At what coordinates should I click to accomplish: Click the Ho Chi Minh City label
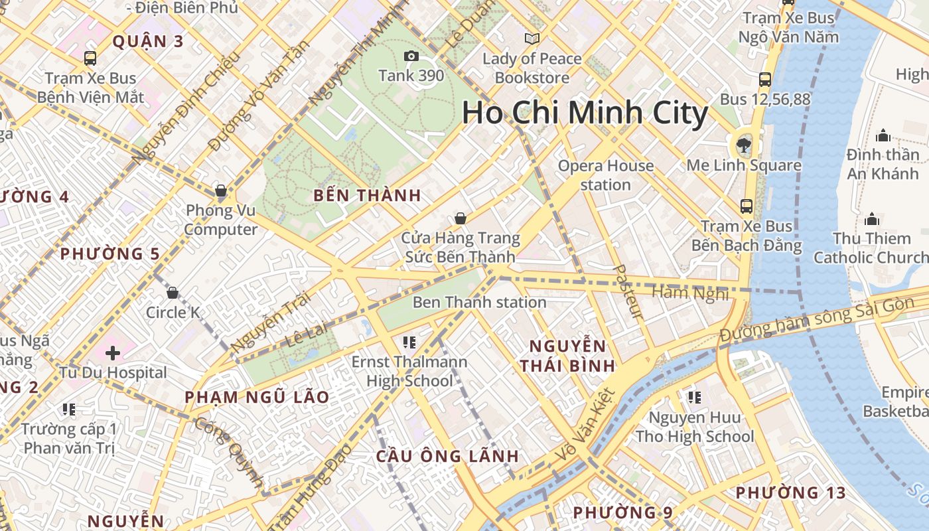pos(585,113)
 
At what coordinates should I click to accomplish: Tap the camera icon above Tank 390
pos(411,56)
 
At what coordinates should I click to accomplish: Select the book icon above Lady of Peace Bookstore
pos(532,38)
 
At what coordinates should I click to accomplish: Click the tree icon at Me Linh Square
pos(743,145)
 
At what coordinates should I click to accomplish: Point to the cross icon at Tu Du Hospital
pos(113,353)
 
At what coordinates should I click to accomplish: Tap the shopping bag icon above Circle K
pos(173,292)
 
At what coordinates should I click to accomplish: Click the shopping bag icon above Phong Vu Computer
pos(221,191)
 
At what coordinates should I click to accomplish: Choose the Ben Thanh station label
pos(479,303)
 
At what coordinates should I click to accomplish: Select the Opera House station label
pos(605,175)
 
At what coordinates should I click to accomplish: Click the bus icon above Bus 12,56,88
pos(765,80)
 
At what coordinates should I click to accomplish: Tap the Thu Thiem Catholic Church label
pos(871,248)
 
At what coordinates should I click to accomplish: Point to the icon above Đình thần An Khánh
pos(883,136)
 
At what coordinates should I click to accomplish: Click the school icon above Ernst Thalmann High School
pos(409,342)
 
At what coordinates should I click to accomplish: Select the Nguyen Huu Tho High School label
pos(695,427)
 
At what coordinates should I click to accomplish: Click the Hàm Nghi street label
pos(690,292)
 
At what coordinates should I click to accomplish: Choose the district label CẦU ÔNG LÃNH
pos(447,457)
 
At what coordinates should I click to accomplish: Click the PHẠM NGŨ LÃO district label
pos(257,398)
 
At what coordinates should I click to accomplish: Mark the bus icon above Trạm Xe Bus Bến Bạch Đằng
pos(747,206)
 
